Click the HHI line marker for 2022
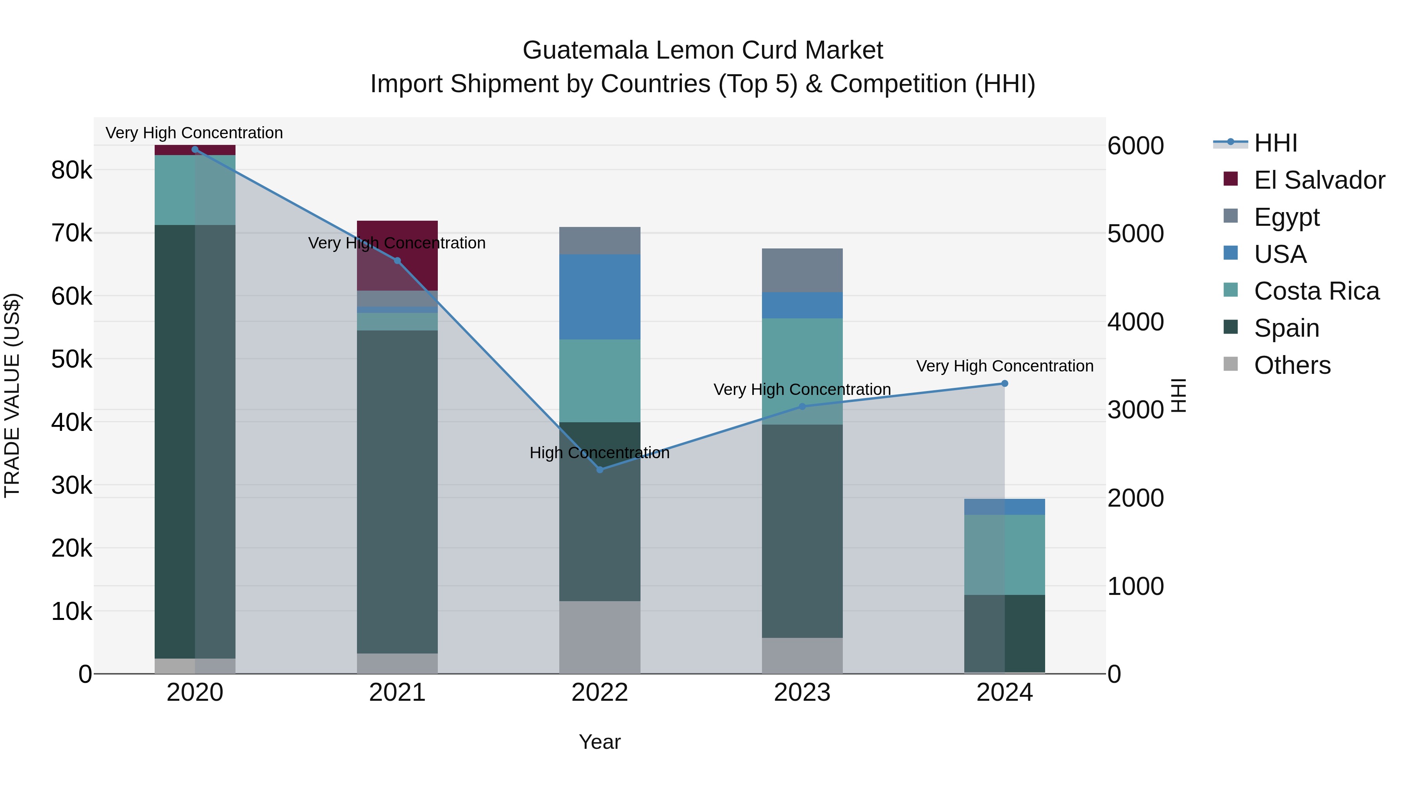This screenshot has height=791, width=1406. point(600,470)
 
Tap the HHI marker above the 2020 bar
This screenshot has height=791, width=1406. point(195,150)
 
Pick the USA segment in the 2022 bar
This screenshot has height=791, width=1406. point(600,297)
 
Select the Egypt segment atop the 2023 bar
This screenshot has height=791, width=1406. point(802,270)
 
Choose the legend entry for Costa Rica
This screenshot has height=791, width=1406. point(1316,291)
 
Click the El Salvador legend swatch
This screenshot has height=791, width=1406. point(1230,179)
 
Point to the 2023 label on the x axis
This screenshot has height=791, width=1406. point(802,693)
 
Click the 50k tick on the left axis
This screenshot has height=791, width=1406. point(71,359)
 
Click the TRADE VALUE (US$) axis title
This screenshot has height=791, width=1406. point(12,395)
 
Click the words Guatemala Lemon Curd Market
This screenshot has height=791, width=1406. point(703,50)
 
